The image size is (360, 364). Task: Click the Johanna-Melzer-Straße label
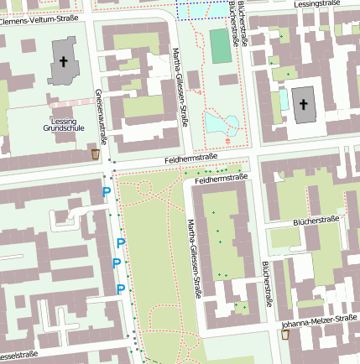(320, 320)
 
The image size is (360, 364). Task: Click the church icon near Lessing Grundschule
(63, 64)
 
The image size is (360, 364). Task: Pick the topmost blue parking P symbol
(106, 193)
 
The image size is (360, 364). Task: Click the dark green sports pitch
(219, 47)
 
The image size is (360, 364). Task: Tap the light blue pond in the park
(222, 126)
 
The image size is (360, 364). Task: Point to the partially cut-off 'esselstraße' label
(19, 356)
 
